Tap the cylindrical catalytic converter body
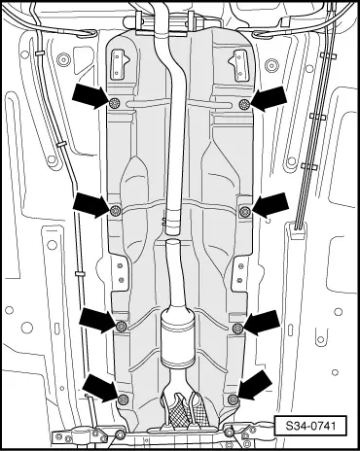178,337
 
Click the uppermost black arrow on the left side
90,94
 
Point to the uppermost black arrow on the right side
269,98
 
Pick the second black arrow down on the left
91,203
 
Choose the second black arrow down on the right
270,204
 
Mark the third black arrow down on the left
97,320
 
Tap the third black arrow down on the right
262,322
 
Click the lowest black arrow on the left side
100,387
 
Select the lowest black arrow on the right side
255,385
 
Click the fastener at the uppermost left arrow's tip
114,103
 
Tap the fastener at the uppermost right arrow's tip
244,104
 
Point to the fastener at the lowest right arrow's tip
233,399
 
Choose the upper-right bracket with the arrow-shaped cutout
239,66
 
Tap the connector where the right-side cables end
297,229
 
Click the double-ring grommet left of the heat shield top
63,59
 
